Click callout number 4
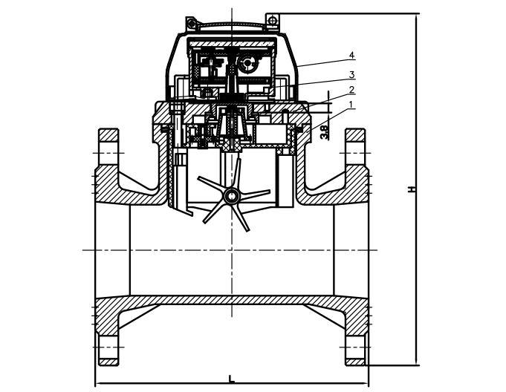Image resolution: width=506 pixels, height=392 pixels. [352, 55]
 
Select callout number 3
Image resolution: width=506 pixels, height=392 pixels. [351, 75]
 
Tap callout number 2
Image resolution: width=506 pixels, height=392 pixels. [351, 90]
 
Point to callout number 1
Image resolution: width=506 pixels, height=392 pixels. [351, 105]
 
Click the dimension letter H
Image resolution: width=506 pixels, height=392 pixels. [411, 189]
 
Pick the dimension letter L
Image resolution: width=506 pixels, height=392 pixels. [231, 379]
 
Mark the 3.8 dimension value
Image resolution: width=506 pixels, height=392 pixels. [324, 132]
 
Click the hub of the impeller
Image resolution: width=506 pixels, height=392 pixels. [232, 195]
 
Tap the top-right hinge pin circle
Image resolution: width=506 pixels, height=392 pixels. [273, 20]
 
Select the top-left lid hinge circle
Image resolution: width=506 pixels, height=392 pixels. [192, 23]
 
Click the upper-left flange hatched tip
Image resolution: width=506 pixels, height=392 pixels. [108, 135]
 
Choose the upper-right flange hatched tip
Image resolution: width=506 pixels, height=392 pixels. [355, 135]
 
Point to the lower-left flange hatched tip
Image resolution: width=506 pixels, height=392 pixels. [108, 362]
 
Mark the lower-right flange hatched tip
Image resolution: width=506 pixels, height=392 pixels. [355, 362]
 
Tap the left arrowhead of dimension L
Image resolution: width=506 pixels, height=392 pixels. [98, 384]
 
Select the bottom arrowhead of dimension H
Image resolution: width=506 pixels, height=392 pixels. [416, 362]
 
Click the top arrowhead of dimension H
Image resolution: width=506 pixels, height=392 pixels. [416, 18]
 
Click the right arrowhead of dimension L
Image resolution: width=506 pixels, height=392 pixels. [365, 384]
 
